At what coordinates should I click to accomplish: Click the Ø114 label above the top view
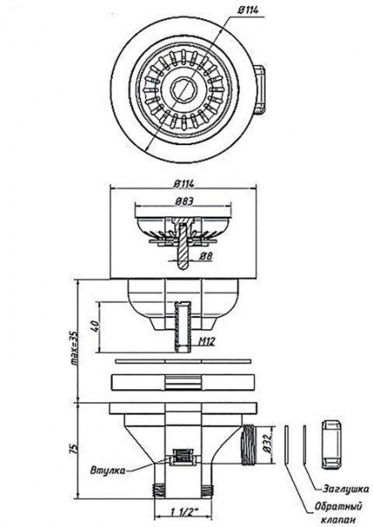click(248, 11)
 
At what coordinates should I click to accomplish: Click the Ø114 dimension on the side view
click(184, 184)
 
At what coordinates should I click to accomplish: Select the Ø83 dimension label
click(184, 201)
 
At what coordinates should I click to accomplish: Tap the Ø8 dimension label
click(206, 256)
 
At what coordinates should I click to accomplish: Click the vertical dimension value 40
click(94, 327)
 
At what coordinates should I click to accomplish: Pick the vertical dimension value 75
click(75, 448)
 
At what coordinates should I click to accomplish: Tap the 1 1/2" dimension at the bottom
click(184, 512)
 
